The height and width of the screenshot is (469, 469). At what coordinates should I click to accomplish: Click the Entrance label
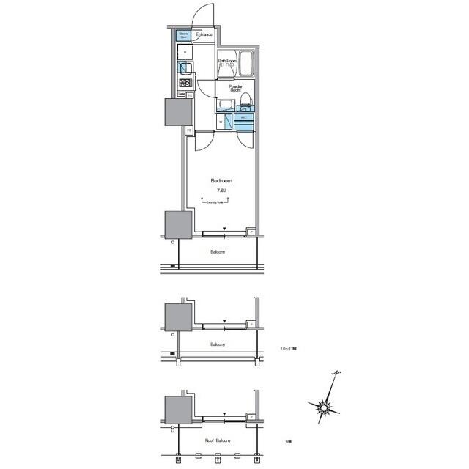pyautogui.click(x=204, y=34)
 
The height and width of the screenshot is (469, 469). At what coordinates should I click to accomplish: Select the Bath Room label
pyautogui.click(x=228, y=62)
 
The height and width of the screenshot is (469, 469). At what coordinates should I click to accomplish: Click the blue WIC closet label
pyautogui.click(x=244, y=118)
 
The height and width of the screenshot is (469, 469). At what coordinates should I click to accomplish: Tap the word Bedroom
pyautogui.click(x=221, y=180)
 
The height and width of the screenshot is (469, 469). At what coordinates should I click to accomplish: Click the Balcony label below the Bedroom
pyautogui.click(x=218, y=251)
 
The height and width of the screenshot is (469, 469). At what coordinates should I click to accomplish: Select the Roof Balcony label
pyautogui.click(x=218, y=440)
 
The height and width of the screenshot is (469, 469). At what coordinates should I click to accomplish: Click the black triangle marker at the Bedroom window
pyautogui.click(x=225, y=229)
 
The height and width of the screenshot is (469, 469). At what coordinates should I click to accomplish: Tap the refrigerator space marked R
pyautogui.click(x=185, y=53)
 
